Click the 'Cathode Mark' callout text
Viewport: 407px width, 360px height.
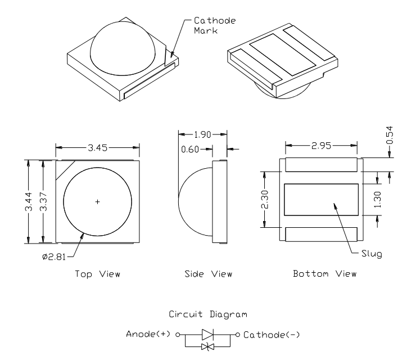[211, 26]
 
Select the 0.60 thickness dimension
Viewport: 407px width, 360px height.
[191, 149]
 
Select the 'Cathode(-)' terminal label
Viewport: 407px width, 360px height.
[267, 335]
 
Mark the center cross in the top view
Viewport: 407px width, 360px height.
[97, 201]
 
